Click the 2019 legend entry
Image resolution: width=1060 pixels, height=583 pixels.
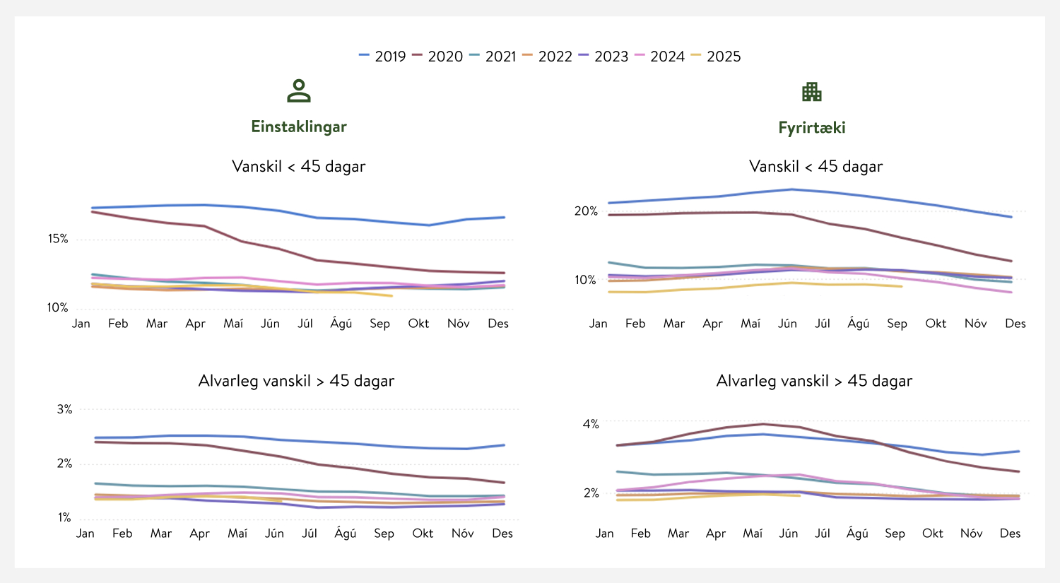click(382, 57)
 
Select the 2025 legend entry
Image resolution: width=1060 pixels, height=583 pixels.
click(716, 57)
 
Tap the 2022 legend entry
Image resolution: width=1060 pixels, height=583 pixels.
click(548, 57)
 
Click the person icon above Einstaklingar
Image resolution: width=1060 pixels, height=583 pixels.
click(299, 91)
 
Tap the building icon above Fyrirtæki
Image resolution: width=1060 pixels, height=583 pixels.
click(811, 91)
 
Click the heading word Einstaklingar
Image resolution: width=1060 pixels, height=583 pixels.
click(299, 126)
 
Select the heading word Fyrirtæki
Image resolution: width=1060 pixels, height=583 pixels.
click(812, 128)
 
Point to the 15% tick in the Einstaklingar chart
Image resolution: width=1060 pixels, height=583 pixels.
click(58, 239)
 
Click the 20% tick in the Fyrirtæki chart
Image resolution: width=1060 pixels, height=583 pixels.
click(586, 211)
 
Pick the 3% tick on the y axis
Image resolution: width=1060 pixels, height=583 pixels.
click(64, 409)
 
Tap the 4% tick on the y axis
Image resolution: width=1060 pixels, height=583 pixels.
click(591, 424)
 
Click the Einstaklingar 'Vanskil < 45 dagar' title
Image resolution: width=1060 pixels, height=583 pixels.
click(299, 167)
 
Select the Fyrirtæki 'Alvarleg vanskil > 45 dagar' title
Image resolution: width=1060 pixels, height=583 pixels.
click(814, 381)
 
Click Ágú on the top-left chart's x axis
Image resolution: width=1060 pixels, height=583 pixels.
click(341, 324)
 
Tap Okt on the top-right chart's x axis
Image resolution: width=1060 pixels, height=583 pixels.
click(936, 324)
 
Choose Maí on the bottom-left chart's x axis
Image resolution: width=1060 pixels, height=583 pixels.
click(237, 534)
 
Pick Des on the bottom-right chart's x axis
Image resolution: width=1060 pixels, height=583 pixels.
click(1010, 534)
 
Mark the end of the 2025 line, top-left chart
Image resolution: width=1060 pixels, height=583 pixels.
click(391, 295)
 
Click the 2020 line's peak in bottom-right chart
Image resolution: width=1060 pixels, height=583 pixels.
click(762, 424)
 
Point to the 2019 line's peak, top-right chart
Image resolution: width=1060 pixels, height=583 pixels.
click(791, 189)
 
